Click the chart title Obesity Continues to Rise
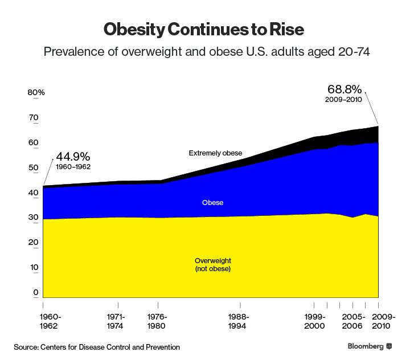(205, 29)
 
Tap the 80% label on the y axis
(36, 93)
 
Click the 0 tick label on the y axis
(35, 293)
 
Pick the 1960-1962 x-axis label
(51, 322)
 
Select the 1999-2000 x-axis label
(314, 322)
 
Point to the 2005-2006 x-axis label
(354, 322)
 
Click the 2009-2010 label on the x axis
(379, 322)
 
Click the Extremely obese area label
(215, 153)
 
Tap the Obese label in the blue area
(213, 203)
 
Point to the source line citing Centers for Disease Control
(97, 347)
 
